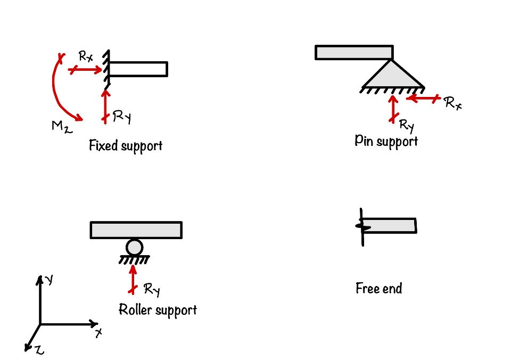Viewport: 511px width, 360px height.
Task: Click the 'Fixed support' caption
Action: (125, 145)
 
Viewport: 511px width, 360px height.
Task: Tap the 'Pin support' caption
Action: (386, 141)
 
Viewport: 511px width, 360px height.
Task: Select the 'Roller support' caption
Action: (158, 309)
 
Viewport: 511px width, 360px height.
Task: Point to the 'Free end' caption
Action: (378, 289)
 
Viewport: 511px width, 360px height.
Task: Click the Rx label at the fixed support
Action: (86, 56)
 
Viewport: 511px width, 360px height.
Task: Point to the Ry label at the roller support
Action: (152, 289)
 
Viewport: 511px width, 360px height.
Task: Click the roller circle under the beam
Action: (135, 247)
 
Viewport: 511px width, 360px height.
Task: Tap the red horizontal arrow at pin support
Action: (423, 98)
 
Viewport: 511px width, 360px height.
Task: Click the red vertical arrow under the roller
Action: (133, 278)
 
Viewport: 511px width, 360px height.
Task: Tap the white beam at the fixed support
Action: (138, 69)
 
